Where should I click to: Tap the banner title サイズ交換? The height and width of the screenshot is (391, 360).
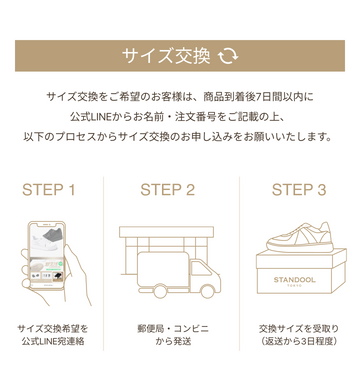click(x=166, y=56)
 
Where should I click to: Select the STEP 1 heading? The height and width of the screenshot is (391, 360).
click(x=49, y=190)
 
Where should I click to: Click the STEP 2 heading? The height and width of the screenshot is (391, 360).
click(x=167, y=190)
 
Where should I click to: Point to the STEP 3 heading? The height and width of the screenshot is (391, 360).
click(x=299, y=190)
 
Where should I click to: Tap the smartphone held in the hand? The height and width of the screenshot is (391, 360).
click(x=46, y=255)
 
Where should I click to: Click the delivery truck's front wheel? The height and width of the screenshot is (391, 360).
click(x=207, y=291)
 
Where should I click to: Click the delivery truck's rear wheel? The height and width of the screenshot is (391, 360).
click(x=160, y=291)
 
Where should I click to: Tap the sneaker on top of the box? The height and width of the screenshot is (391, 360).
click(x=300, y=237)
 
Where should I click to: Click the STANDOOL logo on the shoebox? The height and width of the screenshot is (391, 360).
click(x=294, y=280)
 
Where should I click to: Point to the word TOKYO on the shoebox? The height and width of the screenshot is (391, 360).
click(x=294, y=286)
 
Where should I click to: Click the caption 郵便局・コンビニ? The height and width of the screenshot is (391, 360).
click(x=173, y=329)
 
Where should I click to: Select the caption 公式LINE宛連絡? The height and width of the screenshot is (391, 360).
click(x=53, y=341)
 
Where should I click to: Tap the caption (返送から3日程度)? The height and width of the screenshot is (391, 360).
click(x=299, y=341)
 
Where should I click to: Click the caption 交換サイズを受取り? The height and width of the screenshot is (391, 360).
click(x=299, y=329)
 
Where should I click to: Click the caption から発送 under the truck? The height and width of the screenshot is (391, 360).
click(x=173, y=341)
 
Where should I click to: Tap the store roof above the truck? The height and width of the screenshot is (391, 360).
click(x=166, y=232)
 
